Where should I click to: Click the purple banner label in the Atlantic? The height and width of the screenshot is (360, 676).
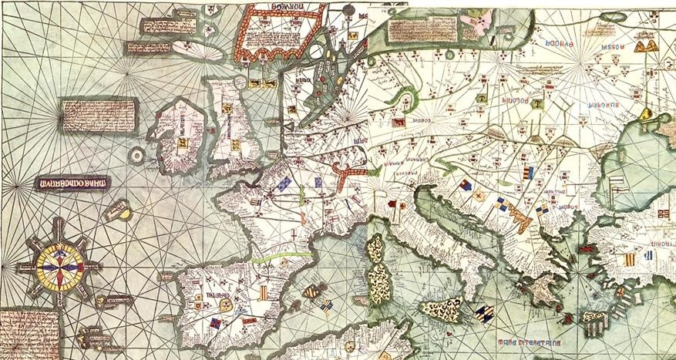click(x=72, y=183)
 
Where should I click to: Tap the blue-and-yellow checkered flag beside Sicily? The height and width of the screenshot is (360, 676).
click(x=484, y=312)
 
